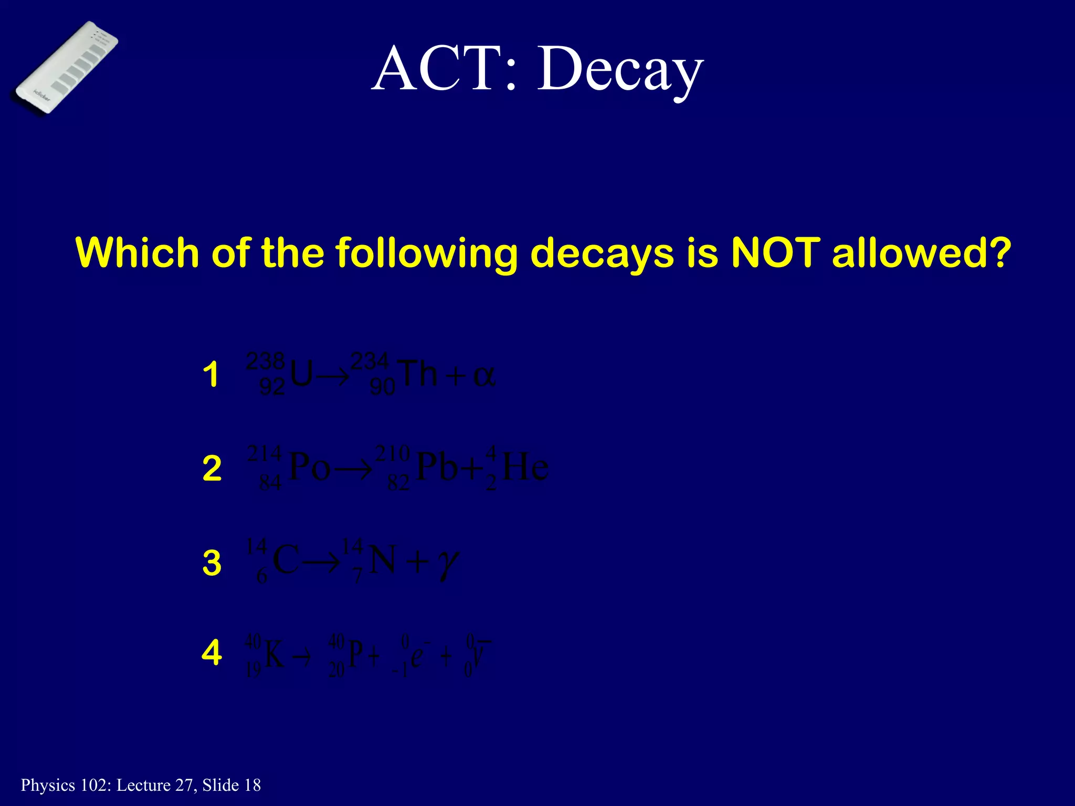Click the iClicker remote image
(x=64, y=67)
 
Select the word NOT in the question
(x=775, y=252)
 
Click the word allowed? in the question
(x=921, y=252)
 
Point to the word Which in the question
(x=138, y=252)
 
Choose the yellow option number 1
(x=211, y=375)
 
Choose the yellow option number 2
(x=212, y=468)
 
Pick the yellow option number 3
(x=212, y=563)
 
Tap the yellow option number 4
(x=212, y=653)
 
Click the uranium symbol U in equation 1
(x=301, y=375)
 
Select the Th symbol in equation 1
(x=418, y=374)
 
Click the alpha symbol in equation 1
(x=483, y=376)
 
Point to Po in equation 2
(x=310, y=466)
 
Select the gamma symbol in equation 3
(x=448, y=564)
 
